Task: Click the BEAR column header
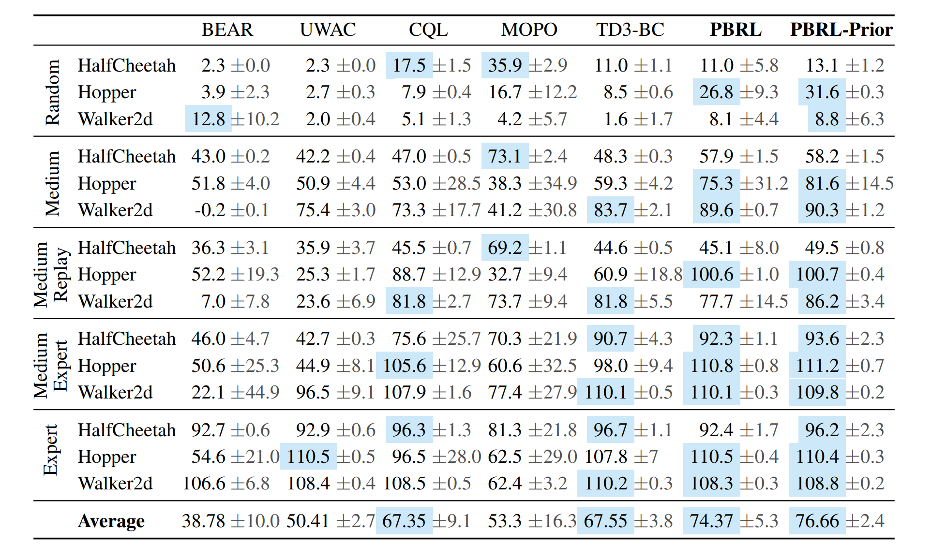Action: (227, 30)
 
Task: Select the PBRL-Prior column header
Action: (841, 30)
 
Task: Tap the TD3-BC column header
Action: (630, 30)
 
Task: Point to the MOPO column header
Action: (529, 30)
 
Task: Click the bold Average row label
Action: (111, 521)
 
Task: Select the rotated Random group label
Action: (52, 92)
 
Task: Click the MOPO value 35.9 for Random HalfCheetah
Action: (505, 65)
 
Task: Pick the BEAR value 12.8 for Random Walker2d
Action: (209, 119)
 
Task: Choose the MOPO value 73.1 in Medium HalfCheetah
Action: (505, 157)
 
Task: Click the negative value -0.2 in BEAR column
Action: (210, 210)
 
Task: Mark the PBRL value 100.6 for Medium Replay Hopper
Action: (711, 275)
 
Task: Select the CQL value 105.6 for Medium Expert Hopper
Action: (405, 366)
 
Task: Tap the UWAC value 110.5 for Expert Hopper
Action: (308, 457)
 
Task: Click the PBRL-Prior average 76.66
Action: (817, 521)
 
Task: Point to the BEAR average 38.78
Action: (204, 521)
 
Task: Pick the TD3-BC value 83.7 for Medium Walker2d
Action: (610, 210)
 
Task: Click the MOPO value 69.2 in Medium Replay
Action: (505, 248)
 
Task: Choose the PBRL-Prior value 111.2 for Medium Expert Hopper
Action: (817, 366)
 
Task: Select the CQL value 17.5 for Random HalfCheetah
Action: (409, 65)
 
